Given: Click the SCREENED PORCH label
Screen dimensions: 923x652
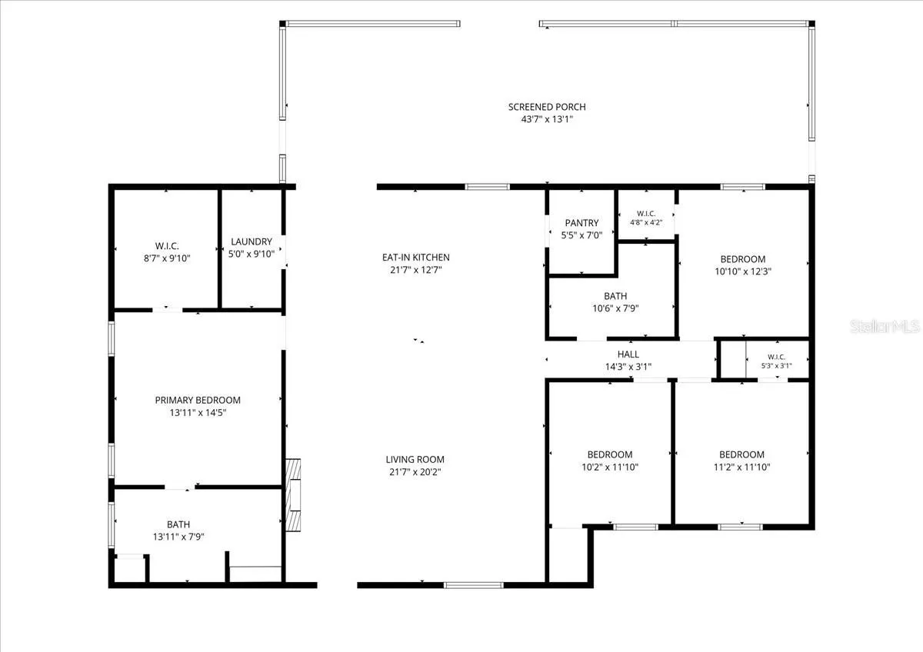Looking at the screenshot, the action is pyautogui.click(x=547, y=107).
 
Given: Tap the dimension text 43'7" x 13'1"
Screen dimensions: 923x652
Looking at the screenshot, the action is pyautogui.click(x=547, y=119).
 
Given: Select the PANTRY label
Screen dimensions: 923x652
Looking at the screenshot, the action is pyautogui.click(x=581, y=223).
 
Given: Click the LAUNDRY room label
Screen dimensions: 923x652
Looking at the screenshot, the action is pyautogui.click(x=252, y=241).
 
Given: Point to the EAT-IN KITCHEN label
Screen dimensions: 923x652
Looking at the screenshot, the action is pyautogui.click(x=416, y=258).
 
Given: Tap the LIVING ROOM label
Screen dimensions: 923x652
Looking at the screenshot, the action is pyautogui.click(x=415, y=459).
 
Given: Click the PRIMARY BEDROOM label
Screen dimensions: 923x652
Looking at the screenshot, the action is pyautogui.click(x=198, y=400).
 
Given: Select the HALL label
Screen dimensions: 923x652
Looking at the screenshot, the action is pyautogui.click(x=628, y=354).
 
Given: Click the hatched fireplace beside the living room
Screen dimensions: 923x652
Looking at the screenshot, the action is pyautogui.click(x=293, y=495).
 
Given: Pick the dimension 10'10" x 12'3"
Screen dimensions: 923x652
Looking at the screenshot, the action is pyautogui.click(x=743, y=271).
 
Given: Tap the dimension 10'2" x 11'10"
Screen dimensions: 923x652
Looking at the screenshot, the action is pyautogui.click(x=610, y=467).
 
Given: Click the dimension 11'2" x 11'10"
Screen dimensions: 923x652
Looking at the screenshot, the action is pyautogui.click(x=741, y=467).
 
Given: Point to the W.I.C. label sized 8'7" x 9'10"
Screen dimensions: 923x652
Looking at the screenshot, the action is pyautogui.click(x=167, y=246).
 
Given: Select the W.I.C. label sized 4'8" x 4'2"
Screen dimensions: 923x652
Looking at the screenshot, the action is pyautogui.click(x=646, y=213).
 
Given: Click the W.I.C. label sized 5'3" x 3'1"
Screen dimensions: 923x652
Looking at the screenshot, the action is pyautogui.click(x=776, y=357).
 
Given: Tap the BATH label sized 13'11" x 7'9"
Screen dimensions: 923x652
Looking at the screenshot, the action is pyautogui.click(x=178, y=524).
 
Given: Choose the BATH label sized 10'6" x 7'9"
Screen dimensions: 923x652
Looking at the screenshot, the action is pyautogui.click(x=615, y=296).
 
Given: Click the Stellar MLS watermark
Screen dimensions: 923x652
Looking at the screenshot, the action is pyautogui.click(x=885, y=326).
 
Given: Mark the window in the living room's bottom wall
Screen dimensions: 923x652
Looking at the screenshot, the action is pyautogui.click(x=474, y=585).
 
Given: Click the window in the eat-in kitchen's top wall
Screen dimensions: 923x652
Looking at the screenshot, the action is pyautogui.click(x=488, y=187).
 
